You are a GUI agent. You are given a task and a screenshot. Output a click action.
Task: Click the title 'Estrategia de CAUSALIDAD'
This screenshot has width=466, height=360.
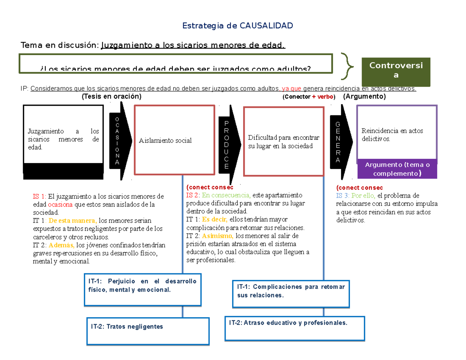[238, 26]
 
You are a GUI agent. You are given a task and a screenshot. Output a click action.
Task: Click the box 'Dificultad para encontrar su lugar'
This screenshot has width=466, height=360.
[283, 142]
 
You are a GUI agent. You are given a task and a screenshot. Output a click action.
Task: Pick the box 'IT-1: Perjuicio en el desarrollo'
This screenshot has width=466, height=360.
[143, 289]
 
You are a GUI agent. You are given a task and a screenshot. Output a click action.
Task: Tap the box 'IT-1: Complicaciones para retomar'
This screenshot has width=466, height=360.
[290, 294]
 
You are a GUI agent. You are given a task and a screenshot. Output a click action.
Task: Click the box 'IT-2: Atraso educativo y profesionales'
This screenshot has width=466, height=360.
[295, 328]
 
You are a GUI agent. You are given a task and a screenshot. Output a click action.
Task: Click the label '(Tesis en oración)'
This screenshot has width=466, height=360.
[111, 96]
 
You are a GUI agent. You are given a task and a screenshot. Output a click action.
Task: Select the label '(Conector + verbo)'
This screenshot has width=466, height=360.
[309, 97]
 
